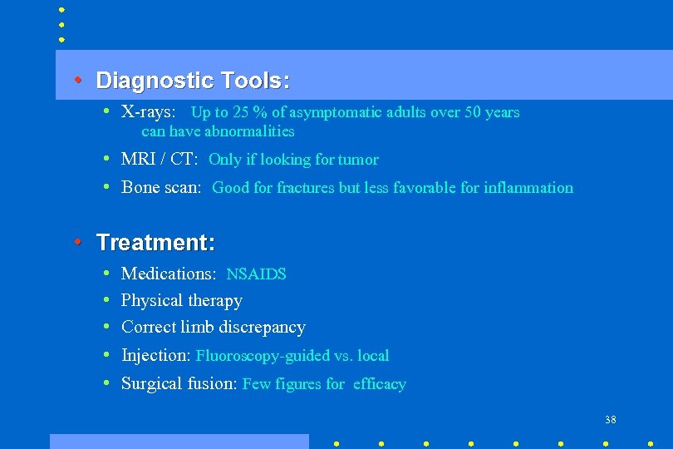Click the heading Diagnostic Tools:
pyautogui.click(x=193, y=81)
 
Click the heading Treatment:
pyautogui.click(x=155, y=243)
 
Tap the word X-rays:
pyautogui.click(x=148, y=112)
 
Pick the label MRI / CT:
pyautogui.click(x=159, y=159)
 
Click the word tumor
pyautogui.click(x=358, y=160)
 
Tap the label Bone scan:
pyautogui.click(x=161, y=187)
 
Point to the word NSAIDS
pyautogui.click(x=256, y=274)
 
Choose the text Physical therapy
pyautogui.click(x=181, y=300)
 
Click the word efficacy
pyautogui.click(x=379, y=384)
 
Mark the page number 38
pyautogui.click(x=611, y=420)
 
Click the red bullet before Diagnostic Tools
pyautogui.click(x=76, y=80)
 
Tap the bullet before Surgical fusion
pyautogui.click(x=108, y=382)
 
